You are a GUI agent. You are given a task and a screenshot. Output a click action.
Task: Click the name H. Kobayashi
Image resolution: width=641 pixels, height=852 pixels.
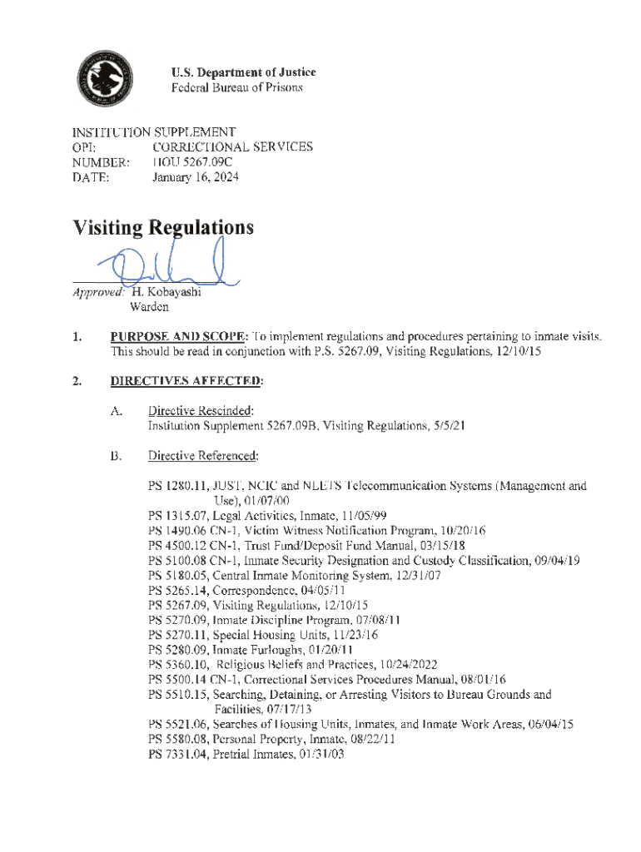tap(167, 292)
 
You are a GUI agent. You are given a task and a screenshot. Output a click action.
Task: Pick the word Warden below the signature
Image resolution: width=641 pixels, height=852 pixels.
tap(150, 307)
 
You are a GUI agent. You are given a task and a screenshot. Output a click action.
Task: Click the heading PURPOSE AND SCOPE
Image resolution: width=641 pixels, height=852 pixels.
tap(178, 336)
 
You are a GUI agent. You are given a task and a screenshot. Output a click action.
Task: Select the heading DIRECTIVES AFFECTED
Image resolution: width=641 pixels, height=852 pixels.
tap(187, 381)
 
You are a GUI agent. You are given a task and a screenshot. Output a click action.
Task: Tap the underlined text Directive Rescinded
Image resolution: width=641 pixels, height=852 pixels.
tap(200, 411)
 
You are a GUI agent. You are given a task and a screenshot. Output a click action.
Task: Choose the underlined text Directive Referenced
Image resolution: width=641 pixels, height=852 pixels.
tap(203, 456)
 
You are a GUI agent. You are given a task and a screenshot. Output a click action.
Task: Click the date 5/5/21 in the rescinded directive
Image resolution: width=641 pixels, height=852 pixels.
tap(447, 426)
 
